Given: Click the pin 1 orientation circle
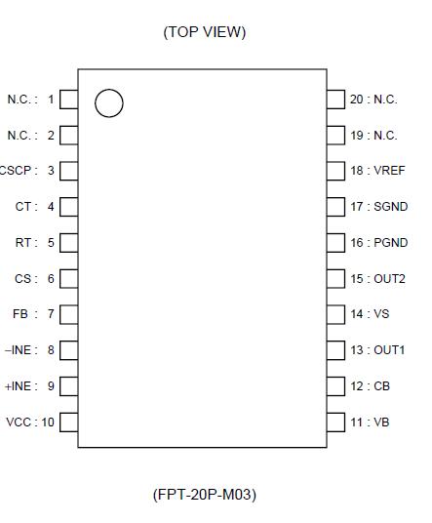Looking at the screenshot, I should tap(109, 102).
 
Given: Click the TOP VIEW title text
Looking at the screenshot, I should tap(205, 32).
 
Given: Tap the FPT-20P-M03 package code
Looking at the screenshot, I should tap(205, 495).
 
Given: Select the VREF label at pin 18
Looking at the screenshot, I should tap(390, 171).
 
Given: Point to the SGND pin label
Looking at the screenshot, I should tap(391, 207).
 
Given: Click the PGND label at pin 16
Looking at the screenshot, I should tap(391, 243).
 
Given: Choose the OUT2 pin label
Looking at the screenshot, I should tap(390, 279).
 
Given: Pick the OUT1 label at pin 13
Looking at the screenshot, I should tap(390, 350).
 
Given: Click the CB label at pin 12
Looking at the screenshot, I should tap(382, 386).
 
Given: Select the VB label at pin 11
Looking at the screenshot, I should tap(382, 422).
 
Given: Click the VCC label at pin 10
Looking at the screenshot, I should tap(19, 422).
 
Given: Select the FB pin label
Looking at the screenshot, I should tap(20, 314).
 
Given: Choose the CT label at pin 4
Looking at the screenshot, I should tap(23, 207).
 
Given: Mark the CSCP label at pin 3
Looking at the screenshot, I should tap(18, 171).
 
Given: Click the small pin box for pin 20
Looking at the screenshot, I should tap(335, 99).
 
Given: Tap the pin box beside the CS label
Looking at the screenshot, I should tap(69, 279).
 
